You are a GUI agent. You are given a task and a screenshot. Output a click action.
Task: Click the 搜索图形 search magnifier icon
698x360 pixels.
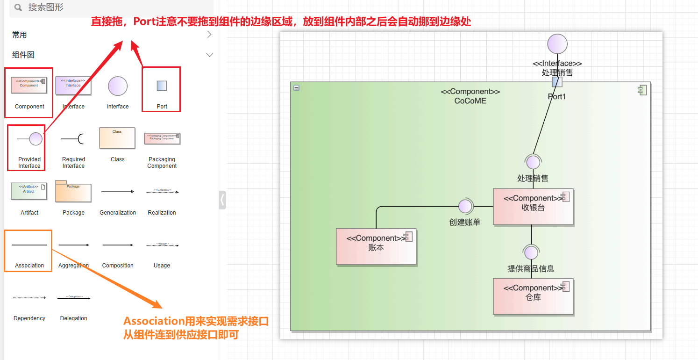18,7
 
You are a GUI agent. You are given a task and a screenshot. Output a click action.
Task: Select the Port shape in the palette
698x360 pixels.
162,86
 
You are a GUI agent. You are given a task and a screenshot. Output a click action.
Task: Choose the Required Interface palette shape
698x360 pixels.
73,139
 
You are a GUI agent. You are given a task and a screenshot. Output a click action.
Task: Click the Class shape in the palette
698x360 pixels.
117,138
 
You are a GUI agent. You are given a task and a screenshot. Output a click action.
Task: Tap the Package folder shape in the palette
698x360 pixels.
73,191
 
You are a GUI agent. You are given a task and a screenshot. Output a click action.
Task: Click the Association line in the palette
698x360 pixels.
29,245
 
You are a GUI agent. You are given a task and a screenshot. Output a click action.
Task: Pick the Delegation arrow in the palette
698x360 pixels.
74,298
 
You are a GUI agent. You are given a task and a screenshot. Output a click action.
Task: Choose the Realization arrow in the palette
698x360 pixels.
162,192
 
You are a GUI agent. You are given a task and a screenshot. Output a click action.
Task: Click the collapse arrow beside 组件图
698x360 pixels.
209,55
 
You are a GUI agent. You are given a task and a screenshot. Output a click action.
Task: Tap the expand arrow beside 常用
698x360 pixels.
209,35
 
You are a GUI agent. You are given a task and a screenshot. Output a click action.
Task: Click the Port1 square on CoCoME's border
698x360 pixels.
556,82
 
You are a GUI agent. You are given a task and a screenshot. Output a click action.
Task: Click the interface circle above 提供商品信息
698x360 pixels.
531,252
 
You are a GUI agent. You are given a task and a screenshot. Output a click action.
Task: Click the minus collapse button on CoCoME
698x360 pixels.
296,87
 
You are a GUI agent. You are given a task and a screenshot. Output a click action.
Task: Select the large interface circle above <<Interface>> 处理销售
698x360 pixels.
557,44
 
